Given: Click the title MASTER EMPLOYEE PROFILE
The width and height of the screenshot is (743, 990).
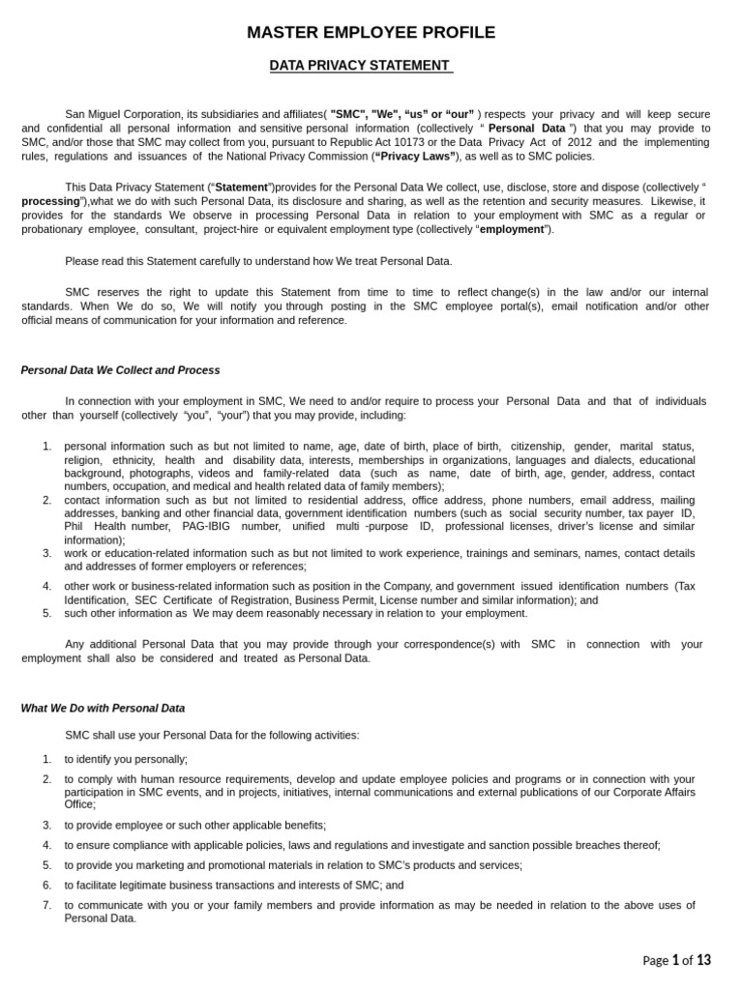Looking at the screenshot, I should (x=371, y=33).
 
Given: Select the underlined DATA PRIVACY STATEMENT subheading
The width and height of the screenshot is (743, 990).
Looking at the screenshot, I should (x=359, y=65).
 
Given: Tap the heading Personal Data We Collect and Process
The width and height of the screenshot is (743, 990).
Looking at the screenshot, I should (x=120, y=370).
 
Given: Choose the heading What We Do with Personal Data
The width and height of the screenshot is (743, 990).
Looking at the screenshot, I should (x=103, y=708).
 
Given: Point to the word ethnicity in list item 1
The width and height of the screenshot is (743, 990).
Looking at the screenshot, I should (x=134, y=460).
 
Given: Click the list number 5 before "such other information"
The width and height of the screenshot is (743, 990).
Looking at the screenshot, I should (x=46, y=613).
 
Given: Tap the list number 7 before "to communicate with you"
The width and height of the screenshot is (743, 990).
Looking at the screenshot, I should (x=46, y=905).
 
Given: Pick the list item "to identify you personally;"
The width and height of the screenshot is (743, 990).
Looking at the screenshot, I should (x=126, y=759).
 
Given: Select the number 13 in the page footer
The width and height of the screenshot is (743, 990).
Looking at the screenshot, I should (x=703, y=960).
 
